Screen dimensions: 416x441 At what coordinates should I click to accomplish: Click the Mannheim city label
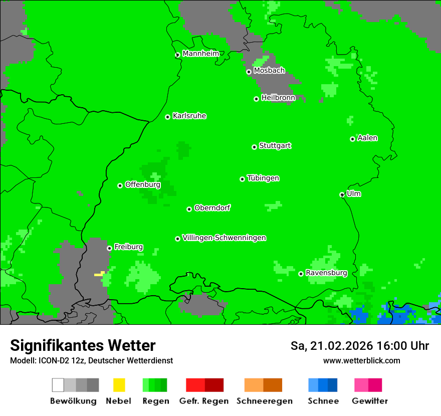[x=200, y=54]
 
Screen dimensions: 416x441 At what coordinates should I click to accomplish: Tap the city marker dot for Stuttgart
[x=254, y=147]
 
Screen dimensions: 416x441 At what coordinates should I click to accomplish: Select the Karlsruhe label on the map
[x=189, y=116]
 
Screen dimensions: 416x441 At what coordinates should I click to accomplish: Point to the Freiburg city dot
[x=109, y=248]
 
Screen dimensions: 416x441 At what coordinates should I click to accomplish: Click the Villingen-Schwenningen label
[x=224, y=238]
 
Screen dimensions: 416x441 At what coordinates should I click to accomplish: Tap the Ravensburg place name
[x=326, y=273]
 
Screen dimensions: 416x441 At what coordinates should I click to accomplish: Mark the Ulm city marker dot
[x=342, y=194]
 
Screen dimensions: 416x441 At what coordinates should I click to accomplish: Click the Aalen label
[x=367, y=138]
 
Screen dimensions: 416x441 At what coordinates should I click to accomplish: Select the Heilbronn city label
[x=278, y=98]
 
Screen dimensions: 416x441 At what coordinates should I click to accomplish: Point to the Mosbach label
[x=269, y=71]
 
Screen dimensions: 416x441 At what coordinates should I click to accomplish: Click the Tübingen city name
[x=263, y=178]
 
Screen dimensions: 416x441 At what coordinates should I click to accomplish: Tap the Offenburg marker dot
[x=120, y=185]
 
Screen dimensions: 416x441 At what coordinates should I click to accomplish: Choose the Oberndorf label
[x=212, y=207]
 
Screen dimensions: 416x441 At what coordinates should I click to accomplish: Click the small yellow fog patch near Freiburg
[x=99, y=274]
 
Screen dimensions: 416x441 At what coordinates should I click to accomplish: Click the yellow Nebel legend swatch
[x=119, y=385]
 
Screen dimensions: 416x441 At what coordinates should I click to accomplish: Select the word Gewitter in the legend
[x=370, y=401]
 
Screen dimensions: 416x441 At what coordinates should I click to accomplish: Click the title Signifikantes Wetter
[x=83, y=345]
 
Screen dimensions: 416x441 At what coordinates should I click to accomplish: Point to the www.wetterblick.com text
[x=361, y=360]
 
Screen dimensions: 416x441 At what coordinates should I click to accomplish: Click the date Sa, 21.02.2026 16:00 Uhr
[x=359, y=346]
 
